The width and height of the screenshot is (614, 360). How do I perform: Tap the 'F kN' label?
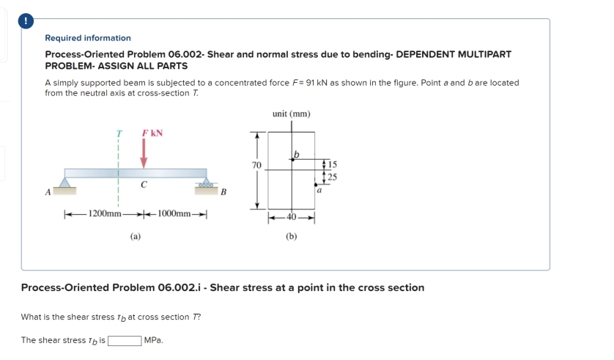(152, 133)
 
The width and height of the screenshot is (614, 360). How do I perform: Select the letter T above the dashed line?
(119, 134)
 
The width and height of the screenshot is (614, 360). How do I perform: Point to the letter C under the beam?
(144, 185)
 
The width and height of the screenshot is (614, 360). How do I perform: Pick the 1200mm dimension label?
(104, 213)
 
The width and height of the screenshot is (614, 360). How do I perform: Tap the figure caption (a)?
(136, 236)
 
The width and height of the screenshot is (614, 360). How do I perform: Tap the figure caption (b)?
(292, 236)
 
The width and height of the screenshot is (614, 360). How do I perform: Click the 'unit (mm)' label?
(291, 114)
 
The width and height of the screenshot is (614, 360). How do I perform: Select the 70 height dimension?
(256, 166)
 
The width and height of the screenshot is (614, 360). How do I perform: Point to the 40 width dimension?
(292, 218)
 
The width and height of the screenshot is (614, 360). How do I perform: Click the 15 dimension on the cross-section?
(333, 163)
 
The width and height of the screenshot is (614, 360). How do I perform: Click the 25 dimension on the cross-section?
(333, 176)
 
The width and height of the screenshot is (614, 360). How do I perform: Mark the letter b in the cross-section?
(297, 153)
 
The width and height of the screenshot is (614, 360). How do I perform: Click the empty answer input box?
(125, 340)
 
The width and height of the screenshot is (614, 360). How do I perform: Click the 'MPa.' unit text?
(154, 340)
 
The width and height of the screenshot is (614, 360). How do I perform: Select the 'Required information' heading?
(88, 38)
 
